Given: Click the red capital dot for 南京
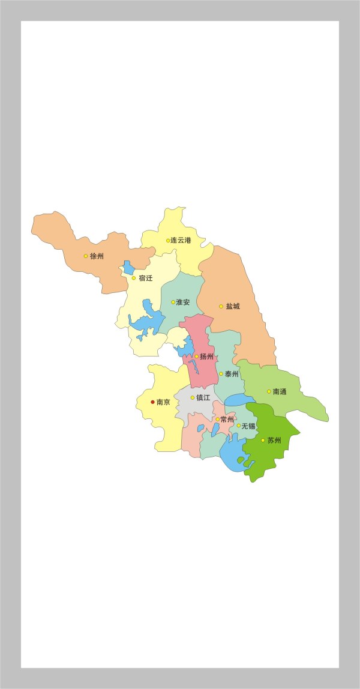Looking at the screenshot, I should pos(152,402).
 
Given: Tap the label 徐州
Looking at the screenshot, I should pos(97,256).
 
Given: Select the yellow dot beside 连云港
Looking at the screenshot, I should pos(168,241).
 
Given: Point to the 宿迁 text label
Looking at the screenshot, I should pos(145,278).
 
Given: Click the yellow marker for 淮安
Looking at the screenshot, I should pos(173,302).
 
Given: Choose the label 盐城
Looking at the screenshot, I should pos(233,306).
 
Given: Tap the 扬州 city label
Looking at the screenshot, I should pos(206,357).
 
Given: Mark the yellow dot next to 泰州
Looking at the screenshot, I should pos(221,374).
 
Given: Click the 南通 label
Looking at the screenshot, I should pos(280,391).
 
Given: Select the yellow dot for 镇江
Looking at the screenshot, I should pos(193,397).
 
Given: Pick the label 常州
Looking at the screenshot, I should pos(227,420).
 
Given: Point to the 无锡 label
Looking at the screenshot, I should pos(248,426).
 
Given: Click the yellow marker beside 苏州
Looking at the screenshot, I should pos(263,440).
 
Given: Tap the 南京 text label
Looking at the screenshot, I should pos(163,402).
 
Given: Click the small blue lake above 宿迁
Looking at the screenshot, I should pos(129,267).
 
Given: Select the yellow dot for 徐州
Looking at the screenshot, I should pos(86,256).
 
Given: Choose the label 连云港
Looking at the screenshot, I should pos(181,240).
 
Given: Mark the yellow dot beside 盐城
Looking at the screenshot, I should pos(221,306).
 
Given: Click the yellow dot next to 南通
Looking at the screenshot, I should pos(269,391).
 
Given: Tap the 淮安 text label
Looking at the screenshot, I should pos(183,302).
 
